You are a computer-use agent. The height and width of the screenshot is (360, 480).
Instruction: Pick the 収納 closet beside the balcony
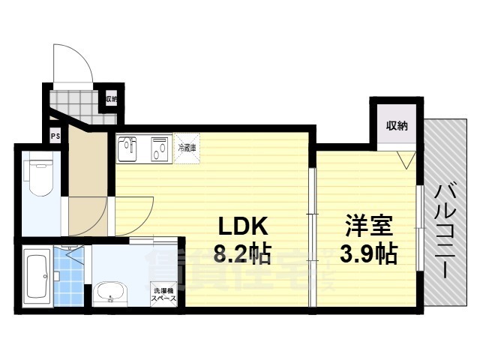pos(397,126)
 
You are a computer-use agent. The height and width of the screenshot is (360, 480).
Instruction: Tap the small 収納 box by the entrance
pos(111,99)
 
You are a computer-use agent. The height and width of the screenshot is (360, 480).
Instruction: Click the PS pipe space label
pos(55,136)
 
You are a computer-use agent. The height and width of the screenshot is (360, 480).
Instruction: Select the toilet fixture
pos(37,176)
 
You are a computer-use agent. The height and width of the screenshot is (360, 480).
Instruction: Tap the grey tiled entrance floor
pos(79,100)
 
